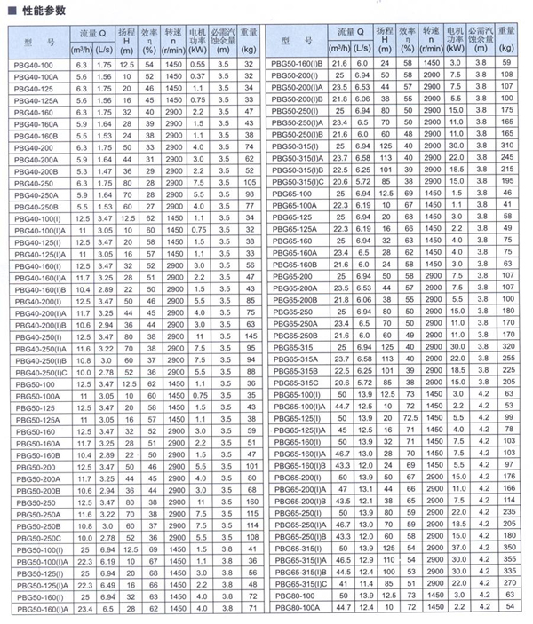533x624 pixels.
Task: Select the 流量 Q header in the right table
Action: (349, 34)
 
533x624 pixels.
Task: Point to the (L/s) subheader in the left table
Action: (103, 49)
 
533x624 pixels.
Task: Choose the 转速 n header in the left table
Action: (172, 41)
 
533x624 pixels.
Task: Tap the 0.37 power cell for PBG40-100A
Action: (197, 77)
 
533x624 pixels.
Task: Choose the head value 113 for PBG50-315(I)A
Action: (386, 156)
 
